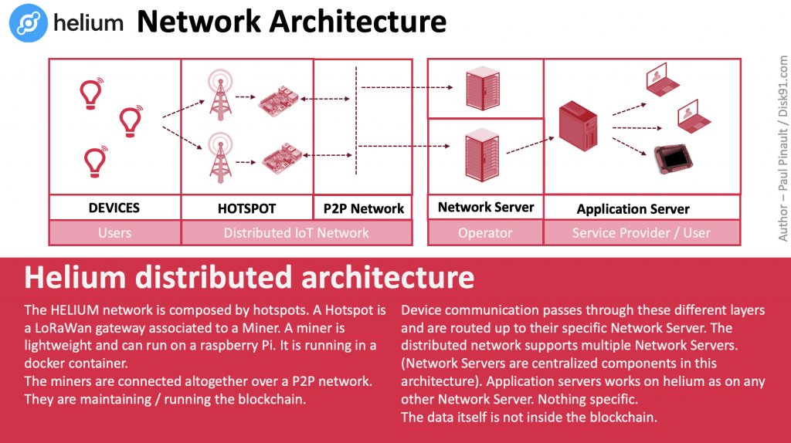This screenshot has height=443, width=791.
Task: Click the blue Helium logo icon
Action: coord(29,22)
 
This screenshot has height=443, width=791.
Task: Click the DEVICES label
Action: coord(114,208)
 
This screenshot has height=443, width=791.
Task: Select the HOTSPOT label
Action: coord(246,208)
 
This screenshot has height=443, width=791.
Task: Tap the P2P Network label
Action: coord(363,208)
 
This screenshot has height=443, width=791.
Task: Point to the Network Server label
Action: coord(485,207)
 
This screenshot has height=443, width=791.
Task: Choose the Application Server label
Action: coord(633,208)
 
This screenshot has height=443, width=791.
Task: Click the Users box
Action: coord(114,232)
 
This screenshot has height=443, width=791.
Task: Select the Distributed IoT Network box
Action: coord(296,232)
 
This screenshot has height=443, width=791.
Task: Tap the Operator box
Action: coord(485,232)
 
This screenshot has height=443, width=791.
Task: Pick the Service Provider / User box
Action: coord(641,232)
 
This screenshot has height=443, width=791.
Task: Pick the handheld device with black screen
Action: coord(669,157)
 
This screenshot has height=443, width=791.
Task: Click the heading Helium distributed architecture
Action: coord(249,277)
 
